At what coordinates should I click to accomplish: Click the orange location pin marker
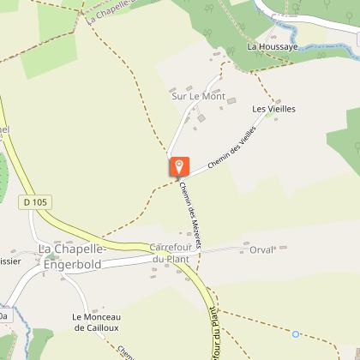click(x=178, y=166)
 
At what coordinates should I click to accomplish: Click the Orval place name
click(x=260, y=250)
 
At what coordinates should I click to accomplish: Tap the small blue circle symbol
click(x=297, y=333)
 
